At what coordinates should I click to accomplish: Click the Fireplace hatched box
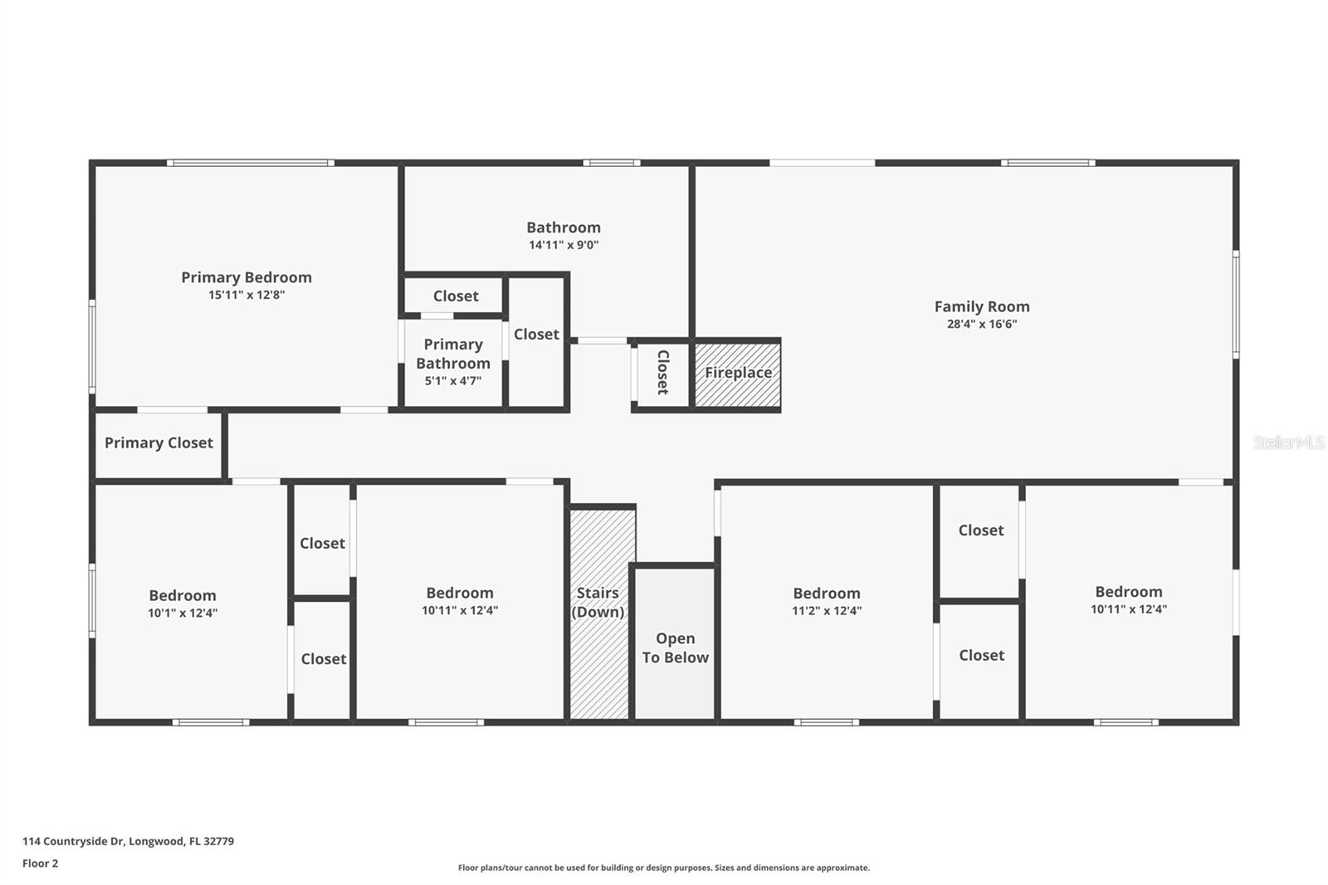(x=738, y=374)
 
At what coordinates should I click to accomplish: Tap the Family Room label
(x=982, y=307)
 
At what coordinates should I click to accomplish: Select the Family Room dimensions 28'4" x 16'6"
(x=982, y=325)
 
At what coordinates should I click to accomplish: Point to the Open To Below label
(x=675, y=648)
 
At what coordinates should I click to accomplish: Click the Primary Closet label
(x=159, y=443)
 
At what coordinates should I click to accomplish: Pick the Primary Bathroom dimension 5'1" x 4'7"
(x=453, y=381)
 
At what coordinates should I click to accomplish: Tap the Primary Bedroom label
(x=247, y=277)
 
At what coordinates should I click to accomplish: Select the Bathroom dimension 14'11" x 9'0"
(x=564, y=245)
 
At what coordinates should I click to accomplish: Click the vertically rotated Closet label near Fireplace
(x=662, y=372)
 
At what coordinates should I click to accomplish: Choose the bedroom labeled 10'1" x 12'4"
(x=183, y=604)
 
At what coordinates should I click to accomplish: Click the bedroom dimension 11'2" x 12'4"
(x=827, y=611)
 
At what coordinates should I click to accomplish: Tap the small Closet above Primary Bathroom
(x=456, y=296)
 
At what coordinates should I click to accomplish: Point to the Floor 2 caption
(x=40, y=863)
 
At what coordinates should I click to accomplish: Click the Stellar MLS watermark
(x=1288, y=442)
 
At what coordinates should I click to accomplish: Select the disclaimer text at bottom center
(x=664, y=868)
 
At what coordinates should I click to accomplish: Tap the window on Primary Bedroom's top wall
(x=250, y=163)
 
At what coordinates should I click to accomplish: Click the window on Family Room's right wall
(x=1235, y=305)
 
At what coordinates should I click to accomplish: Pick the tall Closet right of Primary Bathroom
(x=536, y=340)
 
